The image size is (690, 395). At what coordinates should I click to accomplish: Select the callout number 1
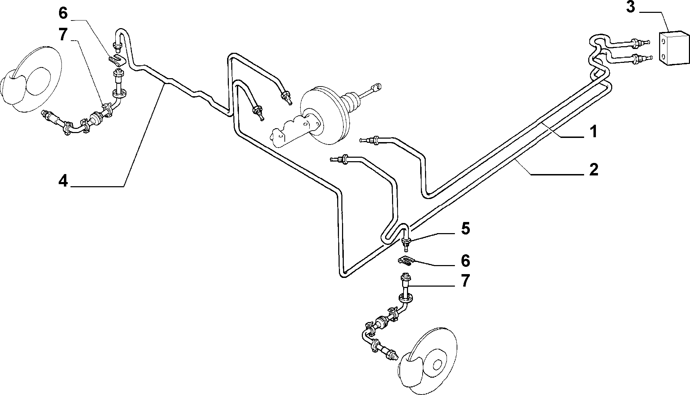[x=593, y=132]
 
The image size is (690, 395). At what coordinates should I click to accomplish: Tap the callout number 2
[x=593, y=169]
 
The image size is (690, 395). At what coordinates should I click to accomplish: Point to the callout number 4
[x=63, y=181]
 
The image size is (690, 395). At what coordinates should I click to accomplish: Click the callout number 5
[x=465, y=229]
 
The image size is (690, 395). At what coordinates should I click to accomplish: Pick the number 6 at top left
[x=63, y=13]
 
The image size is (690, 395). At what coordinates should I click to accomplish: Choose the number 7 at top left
[x=63, y=35]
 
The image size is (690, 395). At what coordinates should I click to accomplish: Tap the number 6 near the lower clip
[x=465, y=261]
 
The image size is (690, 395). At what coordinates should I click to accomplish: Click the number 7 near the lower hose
[x=465, y=281]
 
